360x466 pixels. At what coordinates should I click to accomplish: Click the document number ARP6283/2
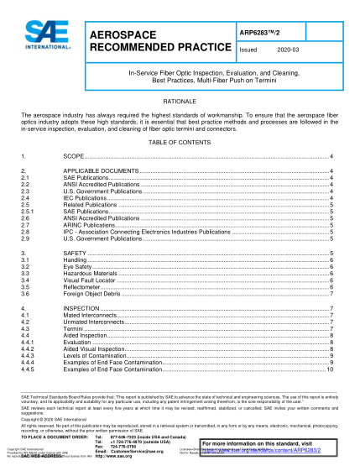click(x=260, y=33)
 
